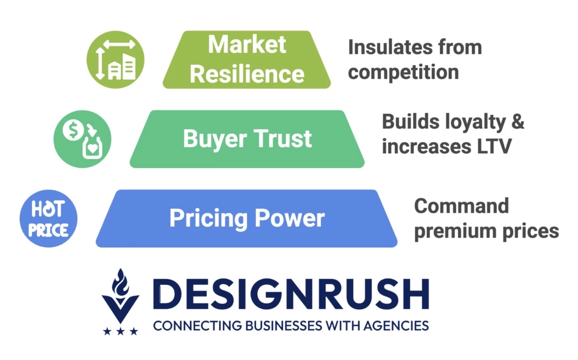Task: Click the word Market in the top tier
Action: point(247,45)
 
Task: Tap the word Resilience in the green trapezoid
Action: point(247,74)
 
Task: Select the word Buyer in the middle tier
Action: point(215,140)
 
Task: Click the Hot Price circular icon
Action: point(49,218)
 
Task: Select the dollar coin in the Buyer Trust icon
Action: point(73,130)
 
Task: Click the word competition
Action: point(403,72)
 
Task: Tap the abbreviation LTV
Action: point(494,147)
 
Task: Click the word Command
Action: point(461,206)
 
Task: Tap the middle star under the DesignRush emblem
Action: point(121,331)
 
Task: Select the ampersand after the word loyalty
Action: point(518,121)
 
